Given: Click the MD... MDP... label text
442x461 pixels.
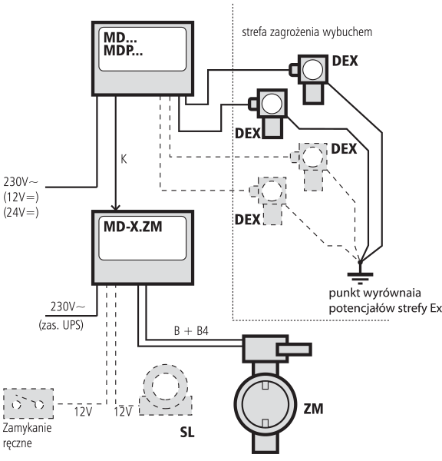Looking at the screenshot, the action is pos(123,44).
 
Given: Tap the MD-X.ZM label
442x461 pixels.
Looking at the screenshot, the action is pos(133,227).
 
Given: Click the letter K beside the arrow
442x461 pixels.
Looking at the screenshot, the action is pos(124,159).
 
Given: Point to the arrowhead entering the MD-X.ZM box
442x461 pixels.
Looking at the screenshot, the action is pos(116,207).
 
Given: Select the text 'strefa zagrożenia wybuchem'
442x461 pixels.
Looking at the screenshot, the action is pos(307,32).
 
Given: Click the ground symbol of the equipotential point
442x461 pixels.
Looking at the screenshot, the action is pos(360,277).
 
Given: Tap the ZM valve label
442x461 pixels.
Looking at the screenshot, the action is pos(313,409).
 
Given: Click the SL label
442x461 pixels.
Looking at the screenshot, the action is pos(187,432).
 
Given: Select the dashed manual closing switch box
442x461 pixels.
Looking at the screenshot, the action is pos(28,403).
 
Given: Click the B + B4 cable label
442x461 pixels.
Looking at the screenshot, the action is pos(191,330).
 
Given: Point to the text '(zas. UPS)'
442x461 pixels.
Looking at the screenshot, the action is pos(61,325).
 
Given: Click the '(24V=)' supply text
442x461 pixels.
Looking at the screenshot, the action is pos(21,212).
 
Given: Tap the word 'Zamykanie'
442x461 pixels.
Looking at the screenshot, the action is pos(27,428).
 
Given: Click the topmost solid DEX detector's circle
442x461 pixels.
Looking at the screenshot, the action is pos(312,69).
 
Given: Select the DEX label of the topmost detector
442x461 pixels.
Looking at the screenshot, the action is pos(345,61).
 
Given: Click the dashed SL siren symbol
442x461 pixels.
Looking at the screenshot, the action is pos(166,390).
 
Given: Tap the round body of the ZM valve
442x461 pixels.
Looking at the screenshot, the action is pos(266,404).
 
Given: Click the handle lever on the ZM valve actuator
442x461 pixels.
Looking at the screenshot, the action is pos(294,350).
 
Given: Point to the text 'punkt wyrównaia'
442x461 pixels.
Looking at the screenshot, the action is pos(374,294).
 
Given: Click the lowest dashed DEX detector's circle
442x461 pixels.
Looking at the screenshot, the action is pos(272,191).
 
